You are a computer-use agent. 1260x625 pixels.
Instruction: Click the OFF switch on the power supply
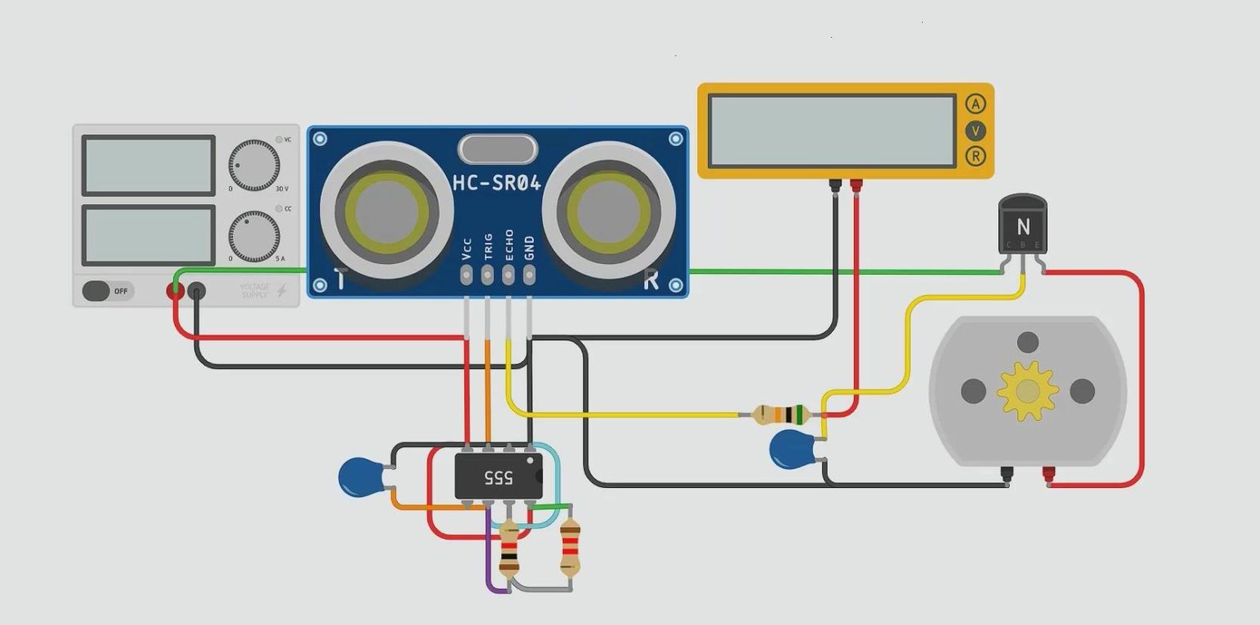tap(107, 291)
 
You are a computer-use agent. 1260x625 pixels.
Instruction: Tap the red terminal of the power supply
tap(175, 290)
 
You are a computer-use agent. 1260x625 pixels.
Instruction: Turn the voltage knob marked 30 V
tap(253, 165)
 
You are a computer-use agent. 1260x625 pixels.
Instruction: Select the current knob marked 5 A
tap(253, 235)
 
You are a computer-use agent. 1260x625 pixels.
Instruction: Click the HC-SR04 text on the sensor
tap(497, 183)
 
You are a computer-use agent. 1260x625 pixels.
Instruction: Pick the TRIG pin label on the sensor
tap(488, 246)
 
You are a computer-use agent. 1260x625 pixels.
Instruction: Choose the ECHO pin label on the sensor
tap(509, 245)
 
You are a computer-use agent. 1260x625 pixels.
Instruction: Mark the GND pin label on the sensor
tap(529, 247)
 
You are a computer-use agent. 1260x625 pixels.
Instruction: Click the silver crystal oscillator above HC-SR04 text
tap(497, 149)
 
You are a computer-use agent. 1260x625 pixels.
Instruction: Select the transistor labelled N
tap(1022, 226)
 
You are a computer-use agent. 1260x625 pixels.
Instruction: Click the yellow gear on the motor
tap(1027, 391)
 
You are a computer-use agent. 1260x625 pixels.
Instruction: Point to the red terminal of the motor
tap(1048, 474)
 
